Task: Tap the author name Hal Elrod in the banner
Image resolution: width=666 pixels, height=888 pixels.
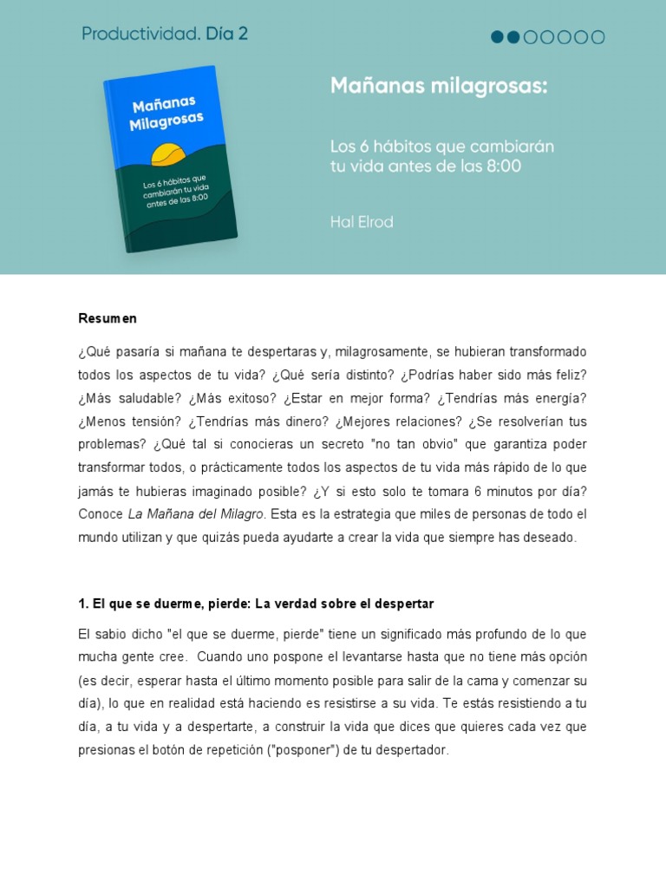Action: point(362,222)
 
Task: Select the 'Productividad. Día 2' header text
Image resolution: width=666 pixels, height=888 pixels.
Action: point(165,34)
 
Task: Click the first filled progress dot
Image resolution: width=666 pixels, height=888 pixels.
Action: point(498,37)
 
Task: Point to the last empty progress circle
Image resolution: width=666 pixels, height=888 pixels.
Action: point(597,37)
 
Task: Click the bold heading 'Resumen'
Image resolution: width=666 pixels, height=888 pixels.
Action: point(108,318)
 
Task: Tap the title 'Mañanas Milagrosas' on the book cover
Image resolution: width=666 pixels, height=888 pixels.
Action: point(166,114)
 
